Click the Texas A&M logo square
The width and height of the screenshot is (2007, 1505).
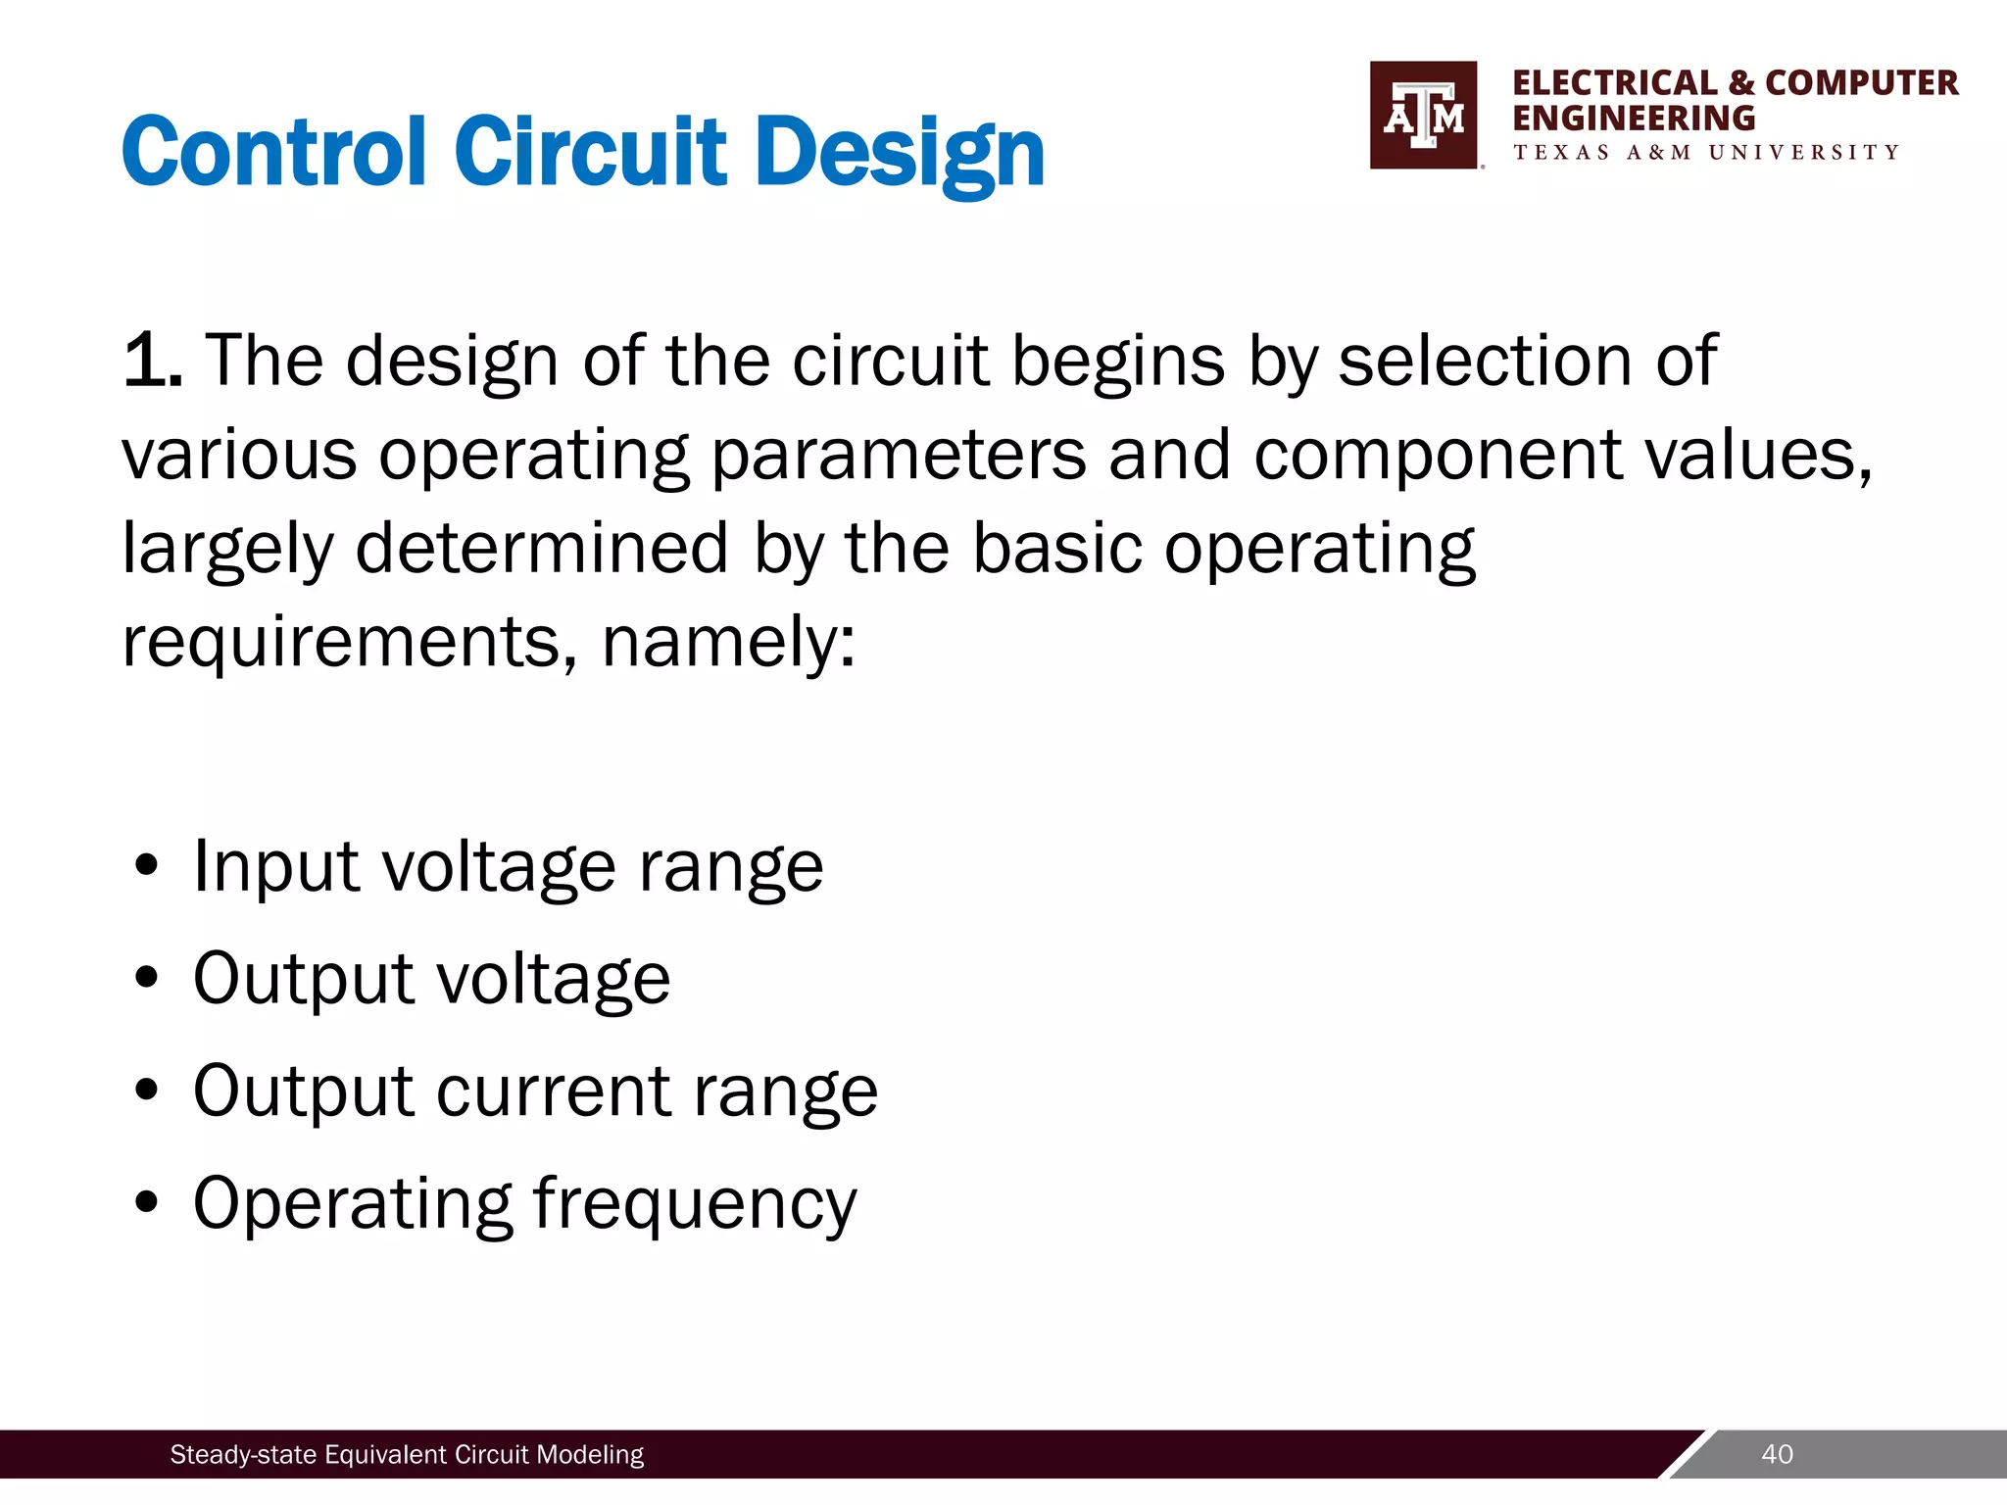tap(1423, 116)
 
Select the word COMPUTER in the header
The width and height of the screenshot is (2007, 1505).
tap(1861, 83)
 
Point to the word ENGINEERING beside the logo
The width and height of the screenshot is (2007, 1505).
tap(1634, 119)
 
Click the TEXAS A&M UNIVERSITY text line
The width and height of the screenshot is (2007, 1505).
tap(1706, 153)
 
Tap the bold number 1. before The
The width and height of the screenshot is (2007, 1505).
tap(152, 361)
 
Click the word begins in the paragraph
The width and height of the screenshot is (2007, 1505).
tap(1117, 361)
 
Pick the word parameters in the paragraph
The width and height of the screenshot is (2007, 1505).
tap(898, 456)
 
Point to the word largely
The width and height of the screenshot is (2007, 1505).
tap(227, 549)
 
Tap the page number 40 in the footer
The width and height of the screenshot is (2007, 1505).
tap(1777, 1454)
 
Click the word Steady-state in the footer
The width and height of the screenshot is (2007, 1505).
tap(244, 1455)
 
